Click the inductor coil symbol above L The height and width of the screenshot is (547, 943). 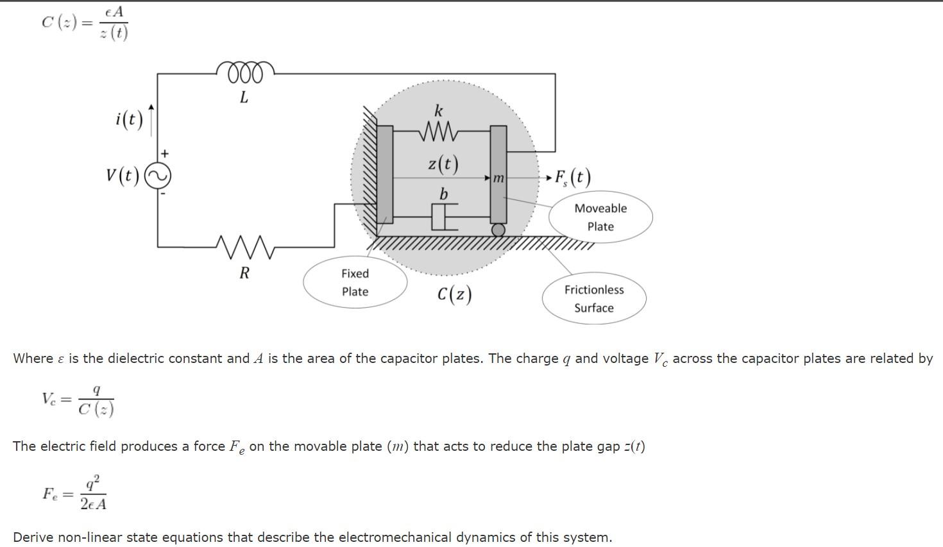246,72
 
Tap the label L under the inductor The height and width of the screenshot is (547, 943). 244,97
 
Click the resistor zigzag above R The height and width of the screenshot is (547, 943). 244,246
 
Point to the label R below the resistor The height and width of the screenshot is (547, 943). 244,273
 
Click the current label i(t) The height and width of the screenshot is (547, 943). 130,119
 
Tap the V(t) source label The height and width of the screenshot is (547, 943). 123,175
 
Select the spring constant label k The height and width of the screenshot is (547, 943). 439,110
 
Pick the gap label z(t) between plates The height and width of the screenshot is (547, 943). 443,164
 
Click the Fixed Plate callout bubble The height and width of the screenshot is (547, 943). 355,282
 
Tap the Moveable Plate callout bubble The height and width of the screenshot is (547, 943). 600,217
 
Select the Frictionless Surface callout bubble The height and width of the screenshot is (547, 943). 594,299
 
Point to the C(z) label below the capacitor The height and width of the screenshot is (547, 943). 454,294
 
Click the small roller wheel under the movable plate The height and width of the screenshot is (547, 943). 498,230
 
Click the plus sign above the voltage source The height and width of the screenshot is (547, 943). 165,153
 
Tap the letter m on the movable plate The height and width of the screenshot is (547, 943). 498,178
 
